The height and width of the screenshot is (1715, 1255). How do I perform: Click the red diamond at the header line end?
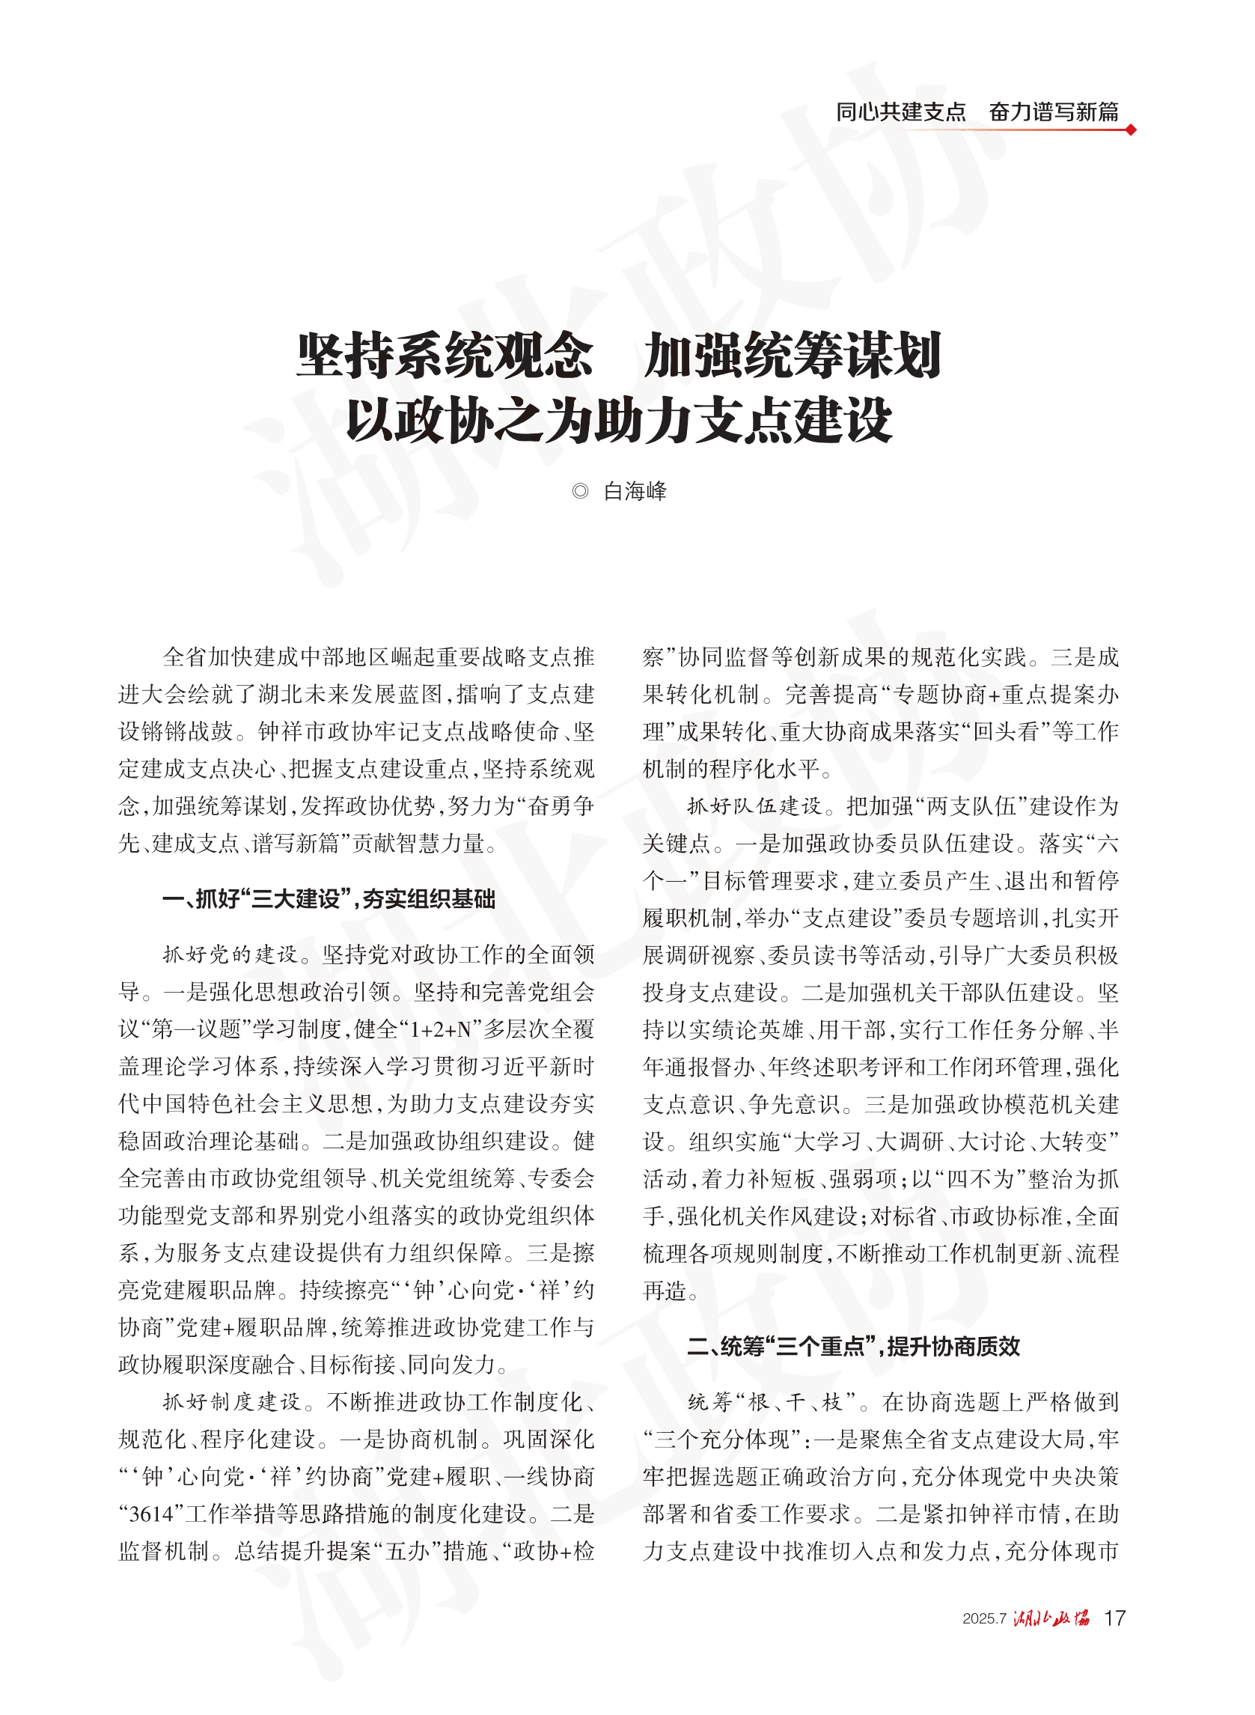pos(1131,130)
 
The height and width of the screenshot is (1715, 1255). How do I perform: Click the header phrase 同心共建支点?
pos(900,112)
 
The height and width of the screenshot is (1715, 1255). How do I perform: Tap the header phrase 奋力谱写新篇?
pos(1054,112)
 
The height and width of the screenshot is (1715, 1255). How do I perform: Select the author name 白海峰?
pos(635,492)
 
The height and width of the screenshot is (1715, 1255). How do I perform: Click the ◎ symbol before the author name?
pos(581,492)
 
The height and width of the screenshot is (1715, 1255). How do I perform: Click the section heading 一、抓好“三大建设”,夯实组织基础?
pos(329,899)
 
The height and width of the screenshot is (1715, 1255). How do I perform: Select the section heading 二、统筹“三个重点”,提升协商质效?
pos(853,1347)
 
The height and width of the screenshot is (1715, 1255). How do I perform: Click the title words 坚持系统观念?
pos(445,356)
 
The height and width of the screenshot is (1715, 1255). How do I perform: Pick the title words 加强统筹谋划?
pos(793,356)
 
